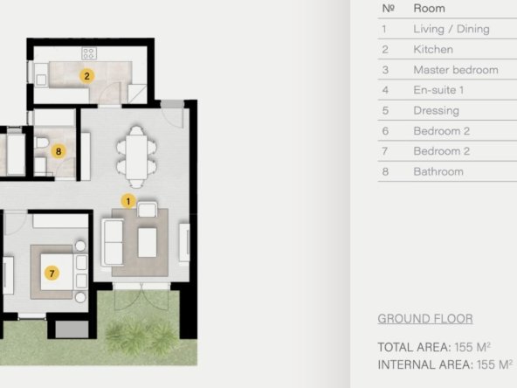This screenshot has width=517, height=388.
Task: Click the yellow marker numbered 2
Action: pos(86,76)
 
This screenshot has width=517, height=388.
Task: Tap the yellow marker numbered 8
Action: pos(59,151)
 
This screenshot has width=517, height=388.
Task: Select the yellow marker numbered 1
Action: pos(128,201)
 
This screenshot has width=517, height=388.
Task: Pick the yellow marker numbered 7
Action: pos(52,274)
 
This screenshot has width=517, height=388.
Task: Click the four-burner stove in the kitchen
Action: pos(89,53)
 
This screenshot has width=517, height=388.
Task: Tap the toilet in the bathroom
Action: pos(42,143)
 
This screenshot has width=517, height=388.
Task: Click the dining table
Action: pos(136,157)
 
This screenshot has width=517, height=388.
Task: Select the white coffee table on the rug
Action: pos(147,243)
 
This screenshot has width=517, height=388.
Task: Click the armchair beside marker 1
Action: pos(147,210)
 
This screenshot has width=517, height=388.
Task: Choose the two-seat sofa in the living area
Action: pos(113,243)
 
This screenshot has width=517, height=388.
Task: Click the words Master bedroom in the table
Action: pos(456,70)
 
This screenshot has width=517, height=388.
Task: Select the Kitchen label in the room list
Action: pos(433,50)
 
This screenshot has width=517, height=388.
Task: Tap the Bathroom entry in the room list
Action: pos(438,171)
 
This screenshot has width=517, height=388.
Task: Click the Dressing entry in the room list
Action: pos(437,111)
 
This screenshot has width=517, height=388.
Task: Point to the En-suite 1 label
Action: pos(438,90)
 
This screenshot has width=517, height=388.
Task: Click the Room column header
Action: pos(430,8)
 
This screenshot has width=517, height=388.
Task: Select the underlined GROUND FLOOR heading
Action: pos(425,319)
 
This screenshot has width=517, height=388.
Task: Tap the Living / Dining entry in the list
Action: pos(452,29)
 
